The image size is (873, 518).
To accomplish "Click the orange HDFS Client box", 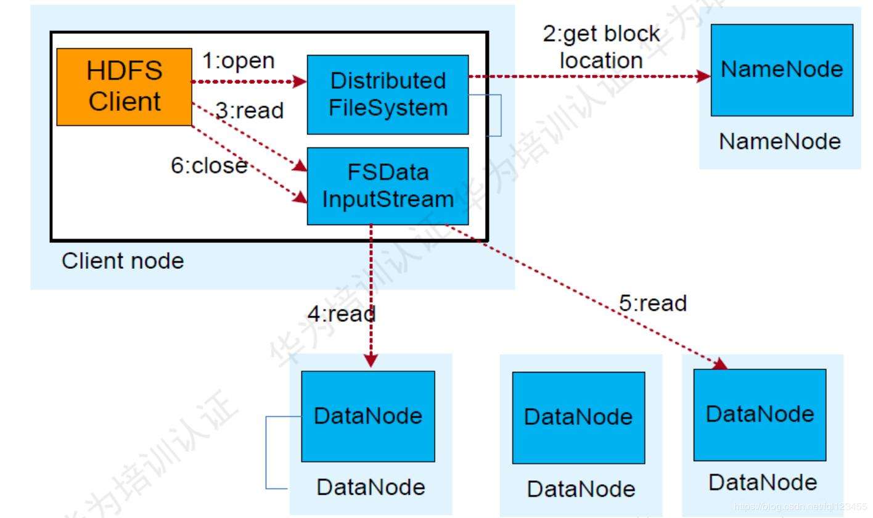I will tap(124, 87).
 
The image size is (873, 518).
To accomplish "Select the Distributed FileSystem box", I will tap(387, 94).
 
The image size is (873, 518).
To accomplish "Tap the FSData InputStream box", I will tap(387, 186).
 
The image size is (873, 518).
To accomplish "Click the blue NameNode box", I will tap(782, 70).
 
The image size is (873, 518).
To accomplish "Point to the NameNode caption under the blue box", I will tap(780, 142).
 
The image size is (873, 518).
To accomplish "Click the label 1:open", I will tap(239, 62).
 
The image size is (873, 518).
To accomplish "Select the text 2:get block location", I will tap(601, 47).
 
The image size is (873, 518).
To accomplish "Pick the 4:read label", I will tap(342, 314).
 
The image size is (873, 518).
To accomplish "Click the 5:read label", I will tap(653, 303).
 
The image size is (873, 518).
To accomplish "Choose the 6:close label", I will tap(209, 165).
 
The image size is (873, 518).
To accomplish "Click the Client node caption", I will tap(123, 261).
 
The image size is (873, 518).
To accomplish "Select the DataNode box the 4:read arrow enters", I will tap(367, 416).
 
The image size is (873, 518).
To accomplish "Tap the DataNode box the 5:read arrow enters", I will tap(760, 414).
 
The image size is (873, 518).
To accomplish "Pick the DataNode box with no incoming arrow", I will tap(578, 417).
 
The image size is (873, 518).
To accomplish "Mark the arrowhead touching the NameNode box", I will tap(704, 76).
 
